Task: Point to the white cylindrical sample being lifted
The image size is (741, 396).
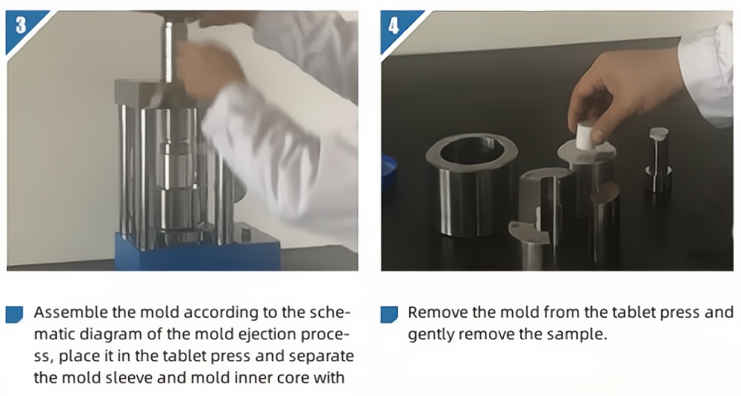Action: [x=587, y=136]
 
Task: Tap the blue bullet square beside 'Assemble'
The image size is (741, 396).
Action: [x=14, y=314]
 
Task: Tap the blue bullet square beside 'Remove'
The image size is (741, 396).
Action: [x=389, y=314]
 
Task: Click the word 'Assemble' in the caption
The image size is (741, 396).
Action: [x=71, y=313]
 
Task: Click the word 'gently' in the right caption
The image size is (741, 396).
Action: [x=431, y=335]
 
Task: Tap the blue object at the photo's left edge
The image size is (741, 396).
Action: [x=388, y=172]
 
